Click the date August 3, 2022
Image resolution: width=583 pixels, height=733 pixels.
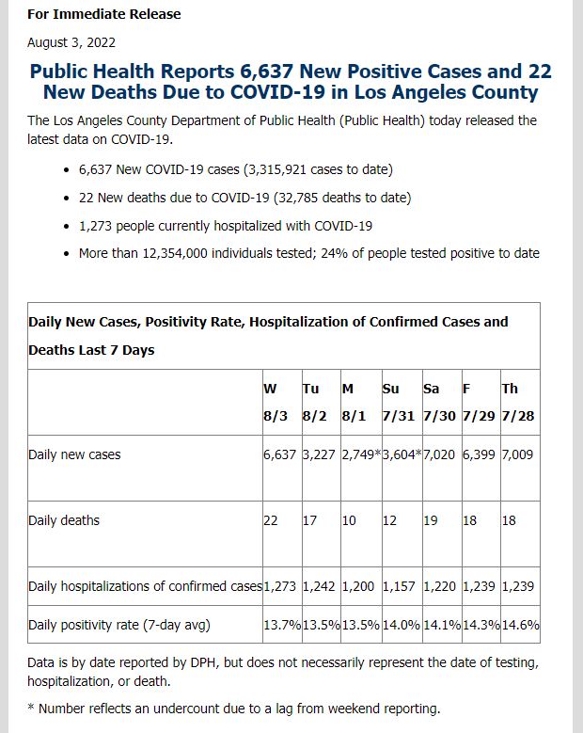click(71, 42)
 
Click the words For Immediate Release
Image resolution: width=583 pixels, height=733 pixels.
click(103, 14)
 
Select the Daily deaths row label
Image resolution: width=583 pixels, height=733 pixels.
click(64, 520)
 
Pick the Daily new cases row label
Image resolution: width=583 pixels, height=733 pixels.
click(74, 454)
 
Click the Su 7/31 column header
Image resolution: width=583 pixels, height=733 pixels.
click(399, 403)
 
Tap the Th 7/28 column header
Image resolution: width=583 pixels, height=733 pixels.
click(518, 403)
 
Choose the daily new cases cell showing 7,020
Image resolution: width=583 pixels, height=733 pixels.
click(439, 454)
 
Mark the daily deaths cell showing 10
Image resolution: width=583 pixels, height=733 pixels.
click(349, 520)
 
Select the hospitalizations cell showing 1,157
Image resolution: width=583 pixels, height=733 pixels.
click(399, 586)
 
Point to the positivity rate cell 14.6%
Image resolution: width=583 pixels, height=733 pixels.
click(521, 625)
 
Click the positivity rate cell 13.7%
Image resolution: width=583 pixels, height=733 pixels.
click(282, 625)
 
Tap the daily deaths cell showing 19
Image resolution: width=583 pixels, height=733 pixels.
click(431, 520)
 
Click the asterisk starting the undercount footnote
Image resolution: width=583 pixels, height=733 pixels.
click(31, 707)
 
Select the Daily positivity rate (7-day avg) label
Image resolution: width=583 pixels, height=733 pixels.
click(119, 625)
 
